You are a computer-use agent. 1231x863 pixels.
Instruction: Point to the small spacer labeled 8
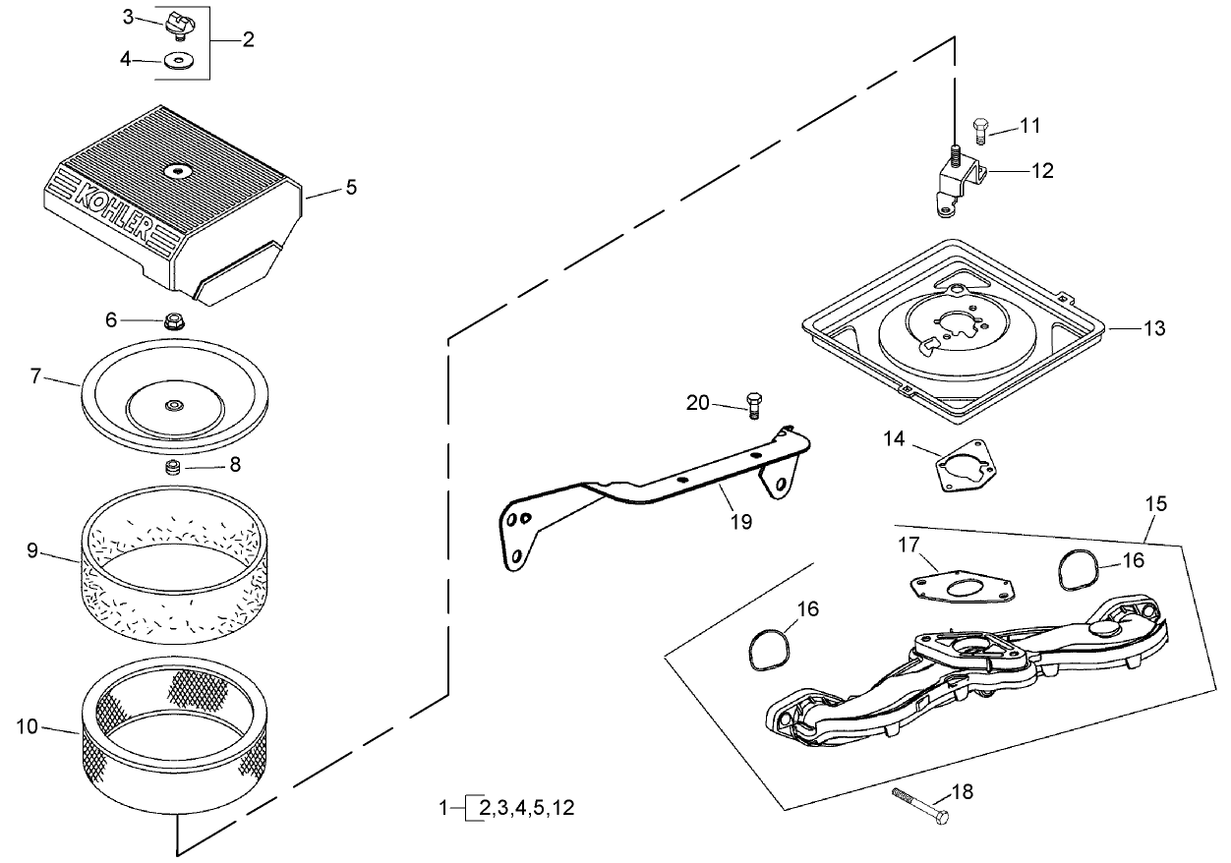[x=174, y=466]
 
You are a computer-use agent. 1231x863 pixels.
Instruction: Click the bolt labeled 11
[x=979, y=128]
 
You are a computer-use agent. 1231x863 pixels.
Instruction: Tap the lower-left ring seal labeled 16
[x=764, y=648]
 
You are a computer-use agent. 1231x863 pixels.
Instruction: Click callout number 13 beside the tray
[x=1154, y=328]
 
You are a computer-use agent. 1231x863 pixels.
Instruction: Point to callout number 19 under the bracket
[x=741, y=522]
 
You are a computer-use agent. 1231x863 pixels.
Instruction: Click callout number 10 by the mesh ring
[x=29, y=727]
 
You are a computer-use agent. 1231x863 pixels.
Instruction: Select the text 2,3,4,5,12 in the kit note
[x=526, y=809]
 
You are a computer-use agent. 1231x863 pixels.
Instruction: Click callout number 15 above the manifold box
[x=1156, y=503]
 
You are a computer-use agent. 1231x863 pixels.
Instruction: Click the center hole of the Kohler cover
[x=178, y=171]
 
